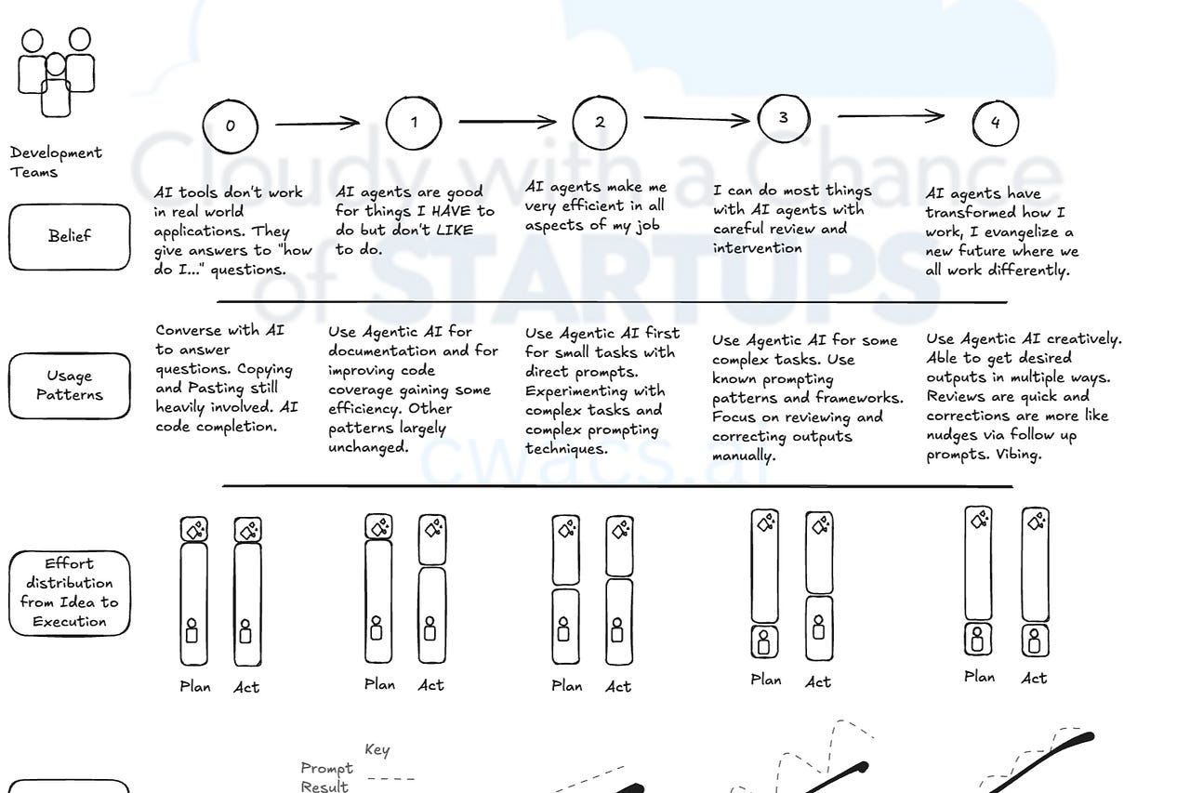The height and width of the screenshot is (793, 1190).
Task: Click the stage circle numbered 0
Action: tap(230, 126)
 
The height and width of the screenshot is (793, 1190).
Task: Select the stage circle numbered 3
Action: tap(784, 118)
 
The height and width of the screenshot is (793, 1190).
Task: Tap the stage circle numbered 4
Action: tap(995, 123)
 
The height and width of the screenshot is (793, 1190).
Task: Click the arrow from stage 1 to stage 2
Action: tap(507, 121)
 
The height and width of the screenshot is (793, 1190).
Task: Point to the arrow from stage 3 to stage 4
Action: tap(891, 116)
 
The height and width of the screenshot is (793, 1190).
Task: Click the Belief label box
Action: tap(70, 236)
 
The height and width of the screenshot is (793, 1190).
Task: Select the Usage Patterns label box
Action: tap(70, 385)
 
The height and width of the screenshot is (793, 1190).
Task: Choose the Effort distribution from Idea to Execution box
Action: tap(70, 592)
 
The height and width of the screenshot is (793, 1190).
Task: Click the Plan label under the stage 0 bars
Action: tap(195, 687)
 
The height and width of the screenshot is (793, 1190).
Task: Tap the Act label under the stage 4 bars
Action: tap(1034, 678)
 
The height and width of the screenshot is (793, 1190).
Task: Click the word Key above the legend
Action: tap(377, 750)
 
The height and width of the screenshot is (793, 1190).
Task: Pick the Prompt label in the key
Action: tap(327, 769)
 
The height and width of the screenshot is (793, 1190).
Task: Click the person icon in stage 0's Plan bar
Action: tap(192, 631)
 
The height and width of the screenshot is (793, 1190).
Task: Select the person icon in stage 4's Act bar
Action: tap(1035, 641)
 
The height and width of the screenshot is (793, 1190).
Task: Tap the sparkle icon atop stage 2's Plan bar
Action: tap(565, 529)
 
